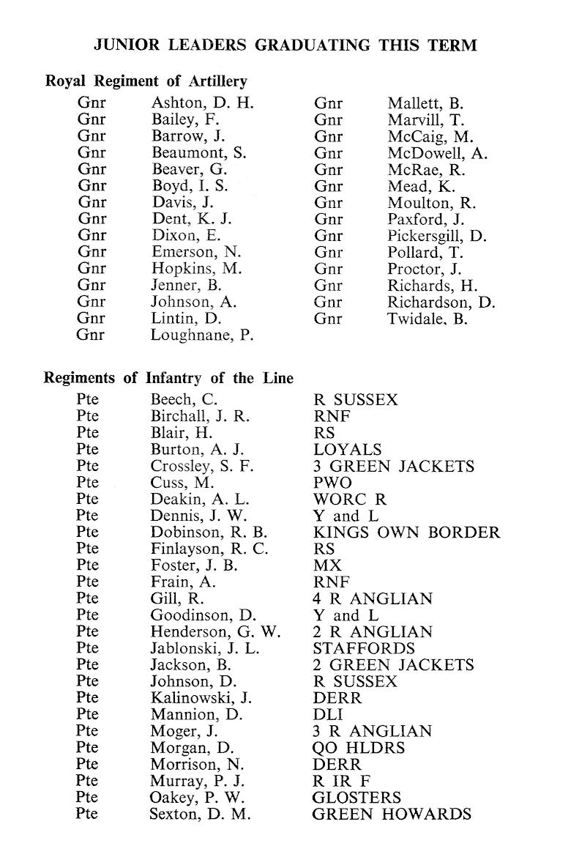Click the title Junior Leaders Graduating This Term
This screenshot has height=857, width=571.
(x=285, y=45)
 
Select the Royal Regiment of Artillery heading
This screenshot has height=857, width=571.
(x=146, y=82)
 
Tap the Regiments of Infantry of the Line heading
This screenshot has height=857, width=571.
(x=169, y=378)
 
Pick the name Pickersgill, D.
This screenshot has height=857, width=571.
(x=437, y=236)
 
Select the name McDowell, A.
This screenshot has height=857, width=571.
(x=438, y=153)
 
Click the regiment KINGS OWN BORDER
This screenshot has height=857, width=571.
(x=406, y=533)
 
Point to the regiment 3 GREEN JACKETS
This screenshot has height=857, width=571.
(x=393, y=466)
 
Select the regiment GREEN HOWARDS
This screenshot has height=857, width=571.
(x=392, y=814)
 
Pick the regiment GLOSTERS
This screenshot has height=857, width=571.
(x=357, y=798)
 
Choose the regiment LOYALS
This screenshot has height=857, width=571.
(x=347, y=450)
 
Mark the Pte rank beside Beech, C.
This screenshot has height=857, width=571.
(x=86, y=400)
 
